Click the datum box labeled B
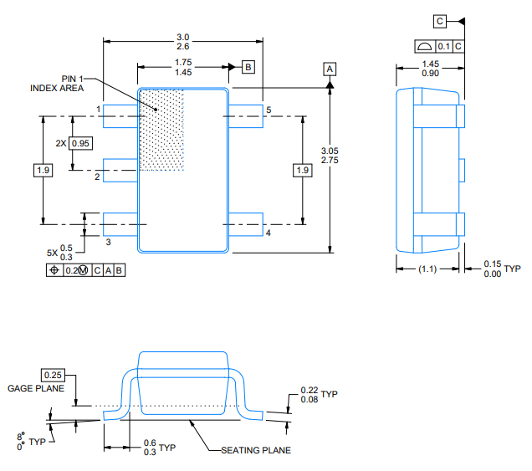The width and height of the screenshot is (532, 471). [248, 66]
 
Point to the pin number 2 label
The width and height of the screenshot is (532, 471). [97, 177]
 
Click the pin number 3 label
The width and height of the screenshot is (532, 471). [109, 242]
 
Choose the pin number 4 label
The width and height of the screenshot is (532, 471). [269, 233]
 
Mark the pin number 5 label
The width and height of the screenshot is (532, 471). [269, 110]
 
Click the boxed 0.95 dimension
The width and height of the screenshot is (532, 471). [81, 143]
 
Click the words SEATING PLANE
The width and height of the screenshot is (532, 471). [256, 450]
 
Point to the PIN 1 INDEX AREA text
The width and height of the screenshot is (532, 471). [57, 83]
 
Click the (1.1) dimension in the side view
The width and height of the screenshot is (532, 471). [427, 269]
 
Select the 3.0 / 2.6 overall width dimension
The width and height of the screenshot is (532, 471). [183, 42]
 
